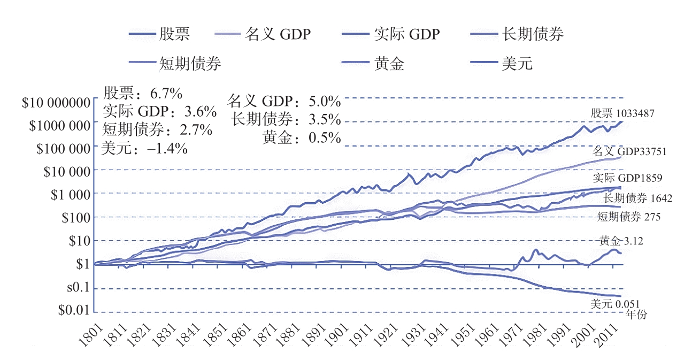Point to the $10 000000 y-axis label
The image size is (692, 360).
point(55,103)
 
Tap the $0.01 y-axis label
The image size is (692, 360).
point(73,310)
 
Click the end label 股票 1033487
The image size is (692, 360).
point(622,113)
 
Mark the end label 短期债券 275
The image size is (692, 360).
point(628,217)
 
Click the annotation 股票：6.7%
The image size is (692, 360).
point(143,95)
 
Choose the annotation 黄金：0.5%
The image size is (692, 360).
point(302,137)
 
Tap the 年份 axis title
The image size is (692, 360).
point(636,315)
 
